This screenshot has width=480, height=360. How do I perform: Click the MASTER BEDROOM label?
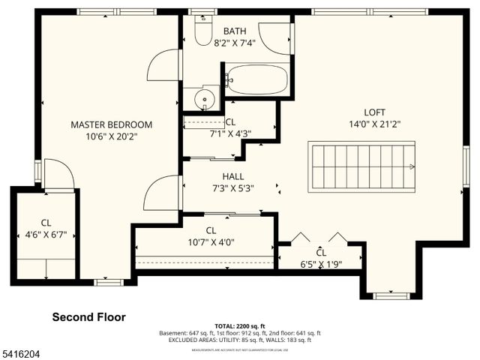pyautogui.click(x=111, y=124)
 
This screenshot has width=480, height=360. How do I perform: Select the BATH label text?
pyautogui.click(x=235, y=31)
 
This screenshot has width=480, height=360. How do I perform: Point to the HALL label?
pyautogui.click(x=233, y=176)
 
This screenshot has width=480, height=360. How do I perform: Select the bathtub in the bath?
pyautogui.click(x=256, y=79)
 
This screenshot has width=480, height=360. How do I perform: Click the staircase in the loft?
pyautogui.click(x=362, y=166)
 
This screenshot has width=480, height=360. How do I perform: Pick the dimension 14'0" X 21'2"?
pyautogui.click(x=369, y=124)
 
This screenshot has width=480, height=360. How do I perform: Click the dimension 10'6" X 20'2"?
pyautogui.click(x=111, y=136)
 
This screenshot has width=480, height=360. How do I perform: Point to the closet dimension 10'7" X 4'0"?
pyautogui.click(x=211, y=242)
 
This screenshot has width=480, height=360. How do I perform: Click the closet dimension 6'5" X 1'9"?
pyautogui.click(x=322, y=264)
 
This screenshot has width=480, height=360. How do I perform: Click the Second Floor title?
pyautogui.click(x=88, y=317)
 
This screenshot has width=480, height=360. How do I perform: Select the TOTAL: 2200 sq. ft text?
pyautogui.click(x=240, y=325)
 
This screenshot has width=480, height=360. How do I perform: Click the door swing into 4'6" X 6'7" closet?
pyautogui.click(x=58, y=175)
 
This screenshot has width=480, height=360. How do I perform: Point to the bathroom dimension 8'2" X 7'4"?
pyautogui.click(x=235, y=43)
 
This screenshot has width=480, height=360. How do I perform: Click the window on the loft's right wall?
pyautogui.click(x=466, y=166)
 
